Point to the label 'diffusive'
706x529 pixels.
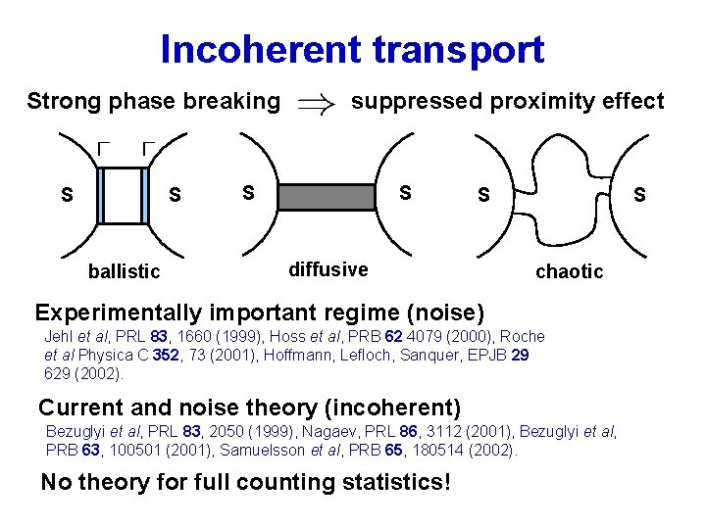click(x=328, y=268)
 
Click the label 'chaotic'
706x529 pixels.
click(x=569, y=271)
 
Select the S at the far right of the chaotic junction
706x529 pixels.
click(x=639, y=195)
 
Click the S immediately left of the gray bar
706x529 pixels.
click(x=248, y=192)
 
